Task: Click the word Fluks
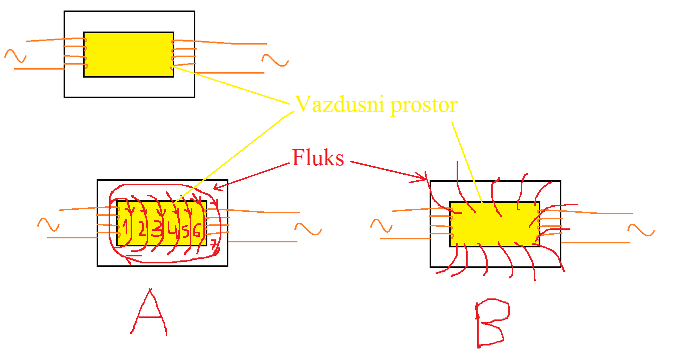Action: pos(318,158)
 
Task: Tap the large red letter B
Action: pos(491,323)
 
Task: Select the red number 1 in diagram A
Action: pos(126,228)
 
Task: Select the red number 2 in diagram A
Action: pos(142,230)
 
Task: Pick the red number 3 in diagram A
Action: pos(157,230)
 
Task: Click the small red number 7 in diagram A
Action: pos(214,245)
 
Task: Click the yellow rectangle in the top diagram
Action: pos(128,54)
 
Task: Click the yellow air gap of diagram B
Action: pos(494,224)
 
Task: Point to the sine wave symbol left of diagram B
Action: pos(382,226)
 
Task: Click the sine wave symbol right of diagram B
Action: pos(640,230)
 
